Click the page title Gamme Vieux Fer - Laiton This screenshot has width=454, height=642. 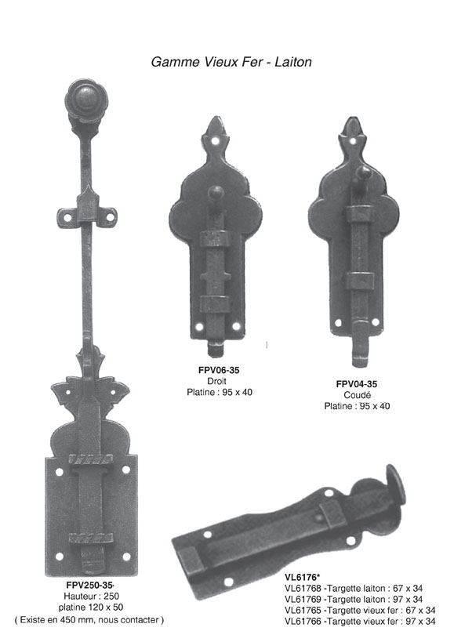(x=231, y=62)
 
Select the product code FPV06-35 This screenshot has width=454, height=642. (x=219, y=370)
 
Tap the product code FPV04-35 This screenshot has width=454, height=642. (x=357, y=384)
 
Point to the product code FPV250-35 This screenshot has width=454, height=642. (x=89, y=586)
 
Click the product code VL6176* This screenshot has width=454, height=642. (x=302, y=577)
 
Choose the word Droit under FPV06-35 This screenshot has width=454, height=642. (x=216, y=381)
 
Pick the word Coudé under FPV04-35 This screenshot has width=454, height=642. (x=358, y=395)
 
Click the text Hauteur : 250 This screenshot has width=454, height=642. (x=91, y=596)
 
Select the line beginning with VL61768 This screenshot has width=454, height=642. (x=354, y=589)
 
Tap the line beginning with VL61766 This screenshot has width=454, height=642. (x=360, y=622)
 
